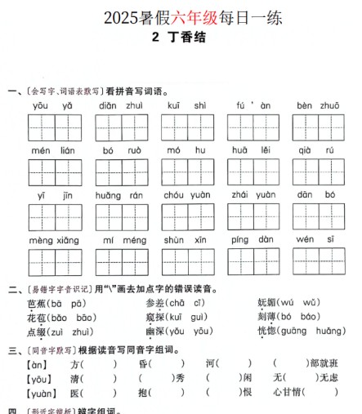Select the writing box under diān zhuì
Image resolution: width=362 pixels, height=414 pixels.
click(x=119, y=127)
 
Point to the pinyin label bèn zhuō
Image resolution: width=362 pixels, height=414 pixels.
click(x=318, y=106)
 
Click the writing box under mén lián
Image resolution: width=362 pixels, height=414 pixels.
click(x=53, y=172)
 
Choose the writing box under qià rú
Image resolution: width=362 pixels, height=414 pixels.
click(x=318, y=172)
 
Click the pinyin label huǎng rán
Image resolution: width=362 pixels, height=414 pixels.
click(x=119, y=195)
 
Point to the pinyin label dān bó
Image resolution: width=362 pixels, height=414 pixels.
click(x=317, y=195)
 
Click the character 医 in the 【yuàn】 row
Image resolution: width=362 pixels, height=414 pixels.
click(x=76, y=393)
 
